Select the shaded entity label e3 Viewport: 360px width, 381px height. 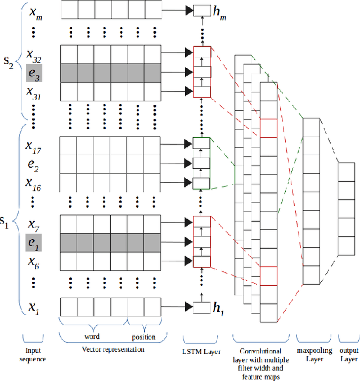pyautogui.click(x=33, y=73)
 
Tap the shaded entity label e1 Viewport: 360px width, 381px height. pyautogui.click(x=33, y=244)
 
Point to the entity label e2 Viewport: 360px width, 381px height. pyautogui.click(x=33, y=166)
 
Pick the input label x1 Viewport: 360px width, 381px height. pyautogui.click(x=33, y=307)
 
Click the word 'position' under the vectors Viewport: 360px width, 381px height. pyautogui.click(x=144, y=337)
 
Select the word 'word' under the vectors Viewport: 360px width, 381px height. pyautogui.click(x=93, y=337)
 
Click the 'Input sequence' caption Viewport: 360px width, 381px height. pyautogui.click(x=34, y=354)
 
